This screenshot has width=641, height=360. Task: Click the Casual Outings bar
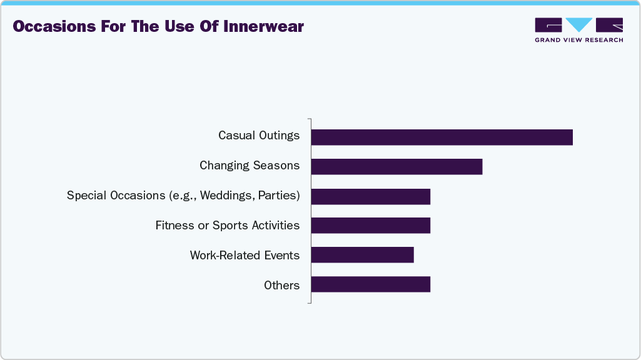pyautogui.click(x=442, y=137)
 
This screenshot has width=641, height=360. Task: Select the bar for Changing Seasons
pyautogui.click(x=396, y=166)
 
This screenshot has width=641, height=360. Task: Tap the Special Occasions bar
pyautogui.click(x=370, y=196)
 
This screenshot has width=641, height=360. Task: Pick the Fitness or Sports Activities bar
pyautogui.click(x=370, y=225)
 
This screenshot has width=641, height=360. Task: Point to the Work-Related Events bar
pyautogui.click(x=362, y=255)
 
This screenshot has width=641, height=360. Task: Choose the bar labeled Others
pyautogui.click(x=370, y=284)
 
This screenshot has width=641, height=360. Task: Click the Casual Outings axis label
pyautogui.click(x=259, y=136)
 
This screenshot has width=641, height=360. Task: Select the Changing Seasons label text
pyautogui.click(x=250, y=166)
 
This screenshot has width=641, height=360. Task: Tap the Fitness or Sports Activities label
pyautogui.click(x=228, y=226)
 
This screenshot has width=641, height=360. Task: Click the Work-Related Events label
pyautogui.click(x=245, y=256)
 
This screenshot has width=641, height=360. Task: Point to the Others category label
pyautogui.click(x=281, y=286)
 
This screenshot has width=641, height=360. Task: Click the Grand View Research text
pyautogui.click(x=578, y=40)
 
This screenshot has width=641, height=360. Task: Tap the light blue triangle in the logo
pyautogui.click(x=579, y=24)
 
